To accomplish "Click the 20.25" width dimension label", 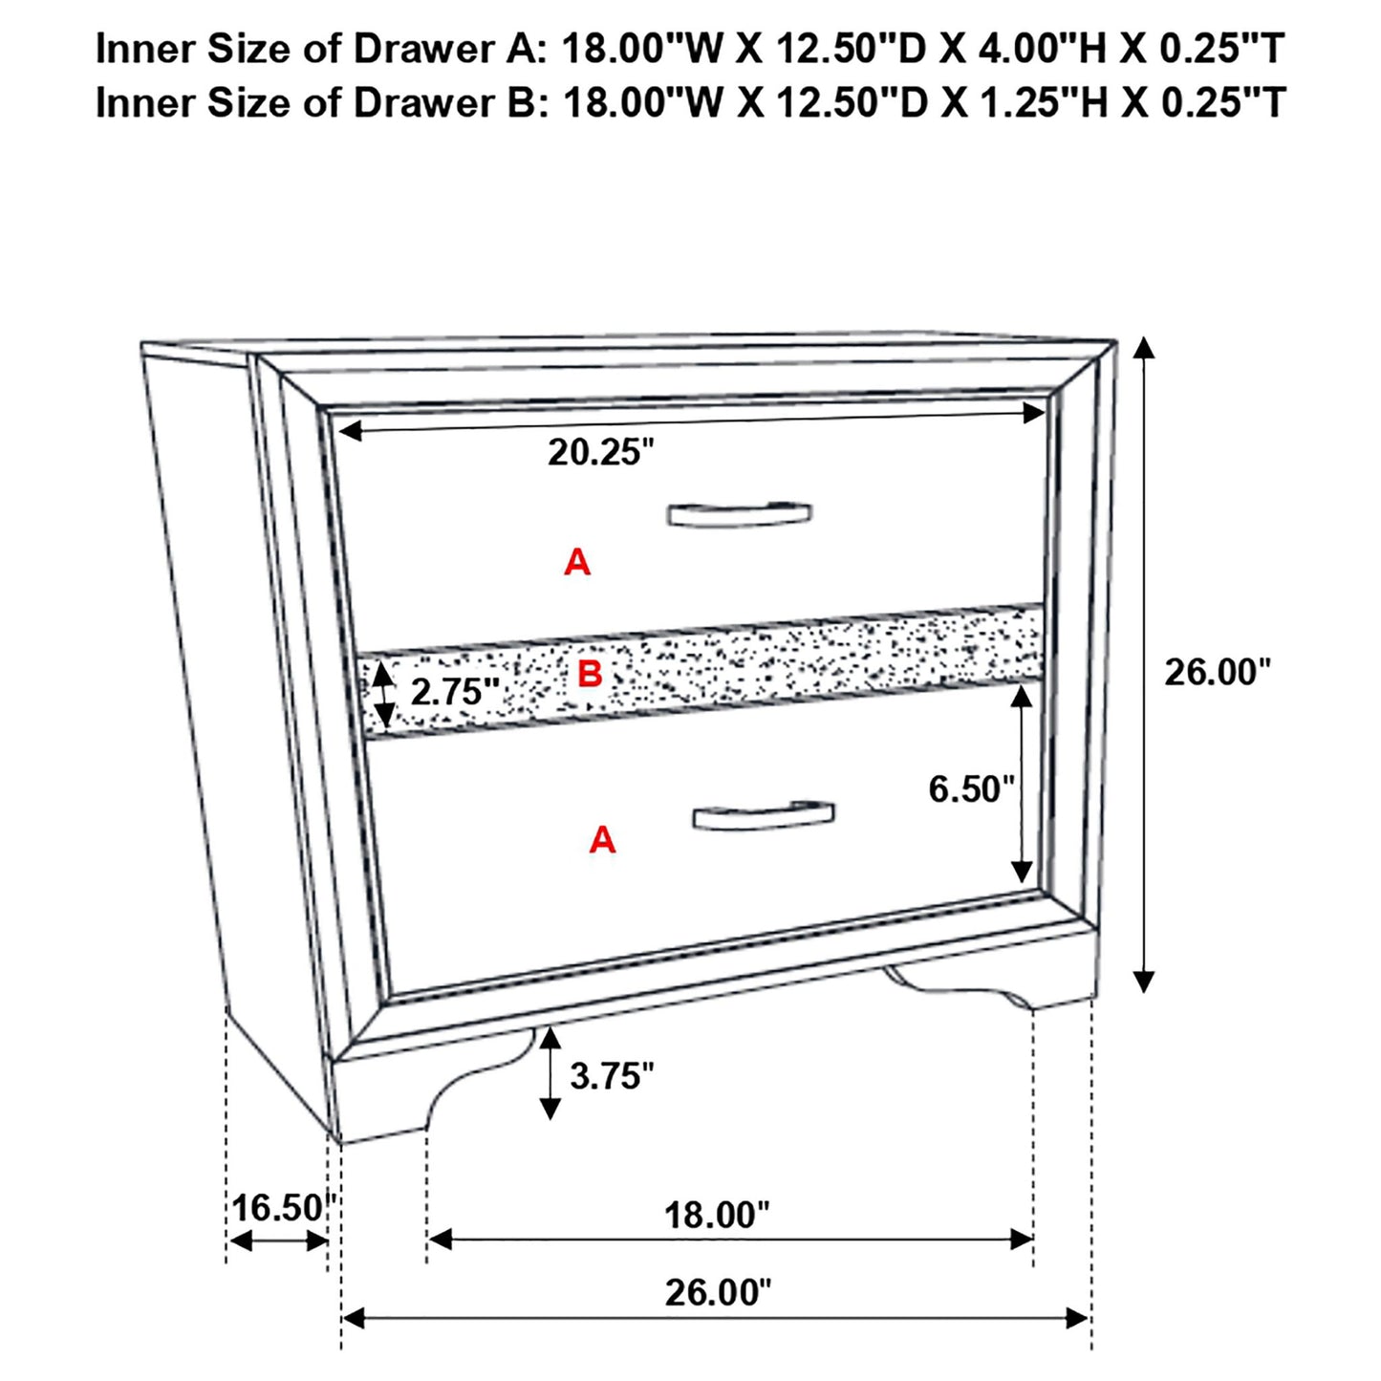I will pos(600,452).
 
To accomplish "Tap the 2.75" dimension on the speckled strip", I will pos(455,691).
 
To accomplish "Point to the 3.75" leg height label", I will pos(612,1075).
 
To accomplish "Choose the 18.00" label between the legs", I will pos(717,1215).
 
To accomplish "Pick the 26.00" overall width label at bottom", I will pos(717,1292).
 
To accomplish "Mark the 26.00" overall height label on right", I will pos(1218,672).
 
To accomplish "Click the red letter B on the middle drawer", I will pos(590,674).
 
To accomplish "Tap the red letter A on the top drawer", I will pos(576,562).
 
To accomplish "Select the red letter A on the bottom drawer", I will pos(602,839).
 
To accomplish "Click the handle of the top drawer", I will pos(739,513).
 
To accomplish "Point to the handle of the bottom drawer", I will pos(763,815).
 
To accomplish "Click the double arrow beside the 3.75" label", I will pos(550,1073).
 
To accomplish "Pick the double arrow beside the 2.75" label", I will pos(383,695).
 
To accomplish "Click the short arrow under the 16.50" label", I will pos(279,1241).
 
